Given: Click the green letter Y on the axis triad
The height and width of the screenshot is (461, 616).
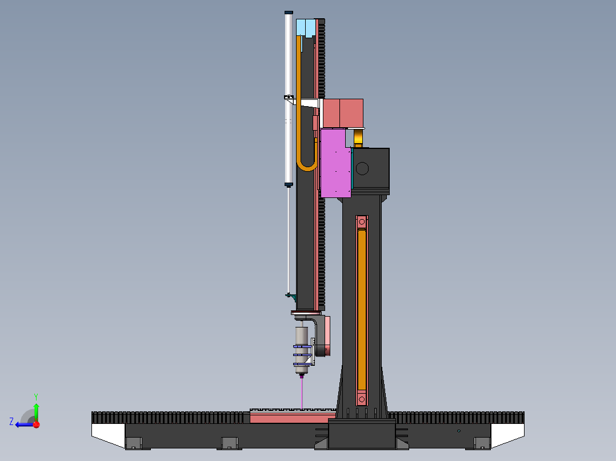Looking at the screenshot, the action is (x=36, y=397).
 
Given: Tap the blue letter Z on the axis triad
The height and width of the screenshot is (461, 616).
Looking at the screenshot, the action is (x=11, y=422).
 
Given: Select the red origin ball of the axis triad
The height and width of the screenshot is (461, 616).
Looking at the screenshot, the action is (x=37, y=424).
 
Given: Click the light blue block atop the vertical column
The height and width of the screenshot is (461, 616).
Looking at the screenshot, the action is (x=306, y=28).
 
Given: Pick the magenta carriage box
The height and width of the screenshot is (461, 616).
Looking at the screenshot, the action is (x=335, y=163).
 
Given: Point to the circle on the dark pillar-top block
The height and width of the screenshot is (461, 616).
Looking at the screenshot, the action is (x=362, y=169).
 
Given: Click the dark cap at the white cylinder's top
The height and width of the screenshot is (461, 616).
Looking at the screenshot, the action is (x=289, y=13).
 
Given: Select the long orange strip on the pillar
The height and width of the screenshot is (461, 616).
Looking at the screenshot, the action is (x=362, y=310).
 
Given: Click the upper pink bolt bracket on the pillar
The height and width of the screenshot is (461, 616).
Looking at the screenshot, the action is (x=362, y=222).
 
